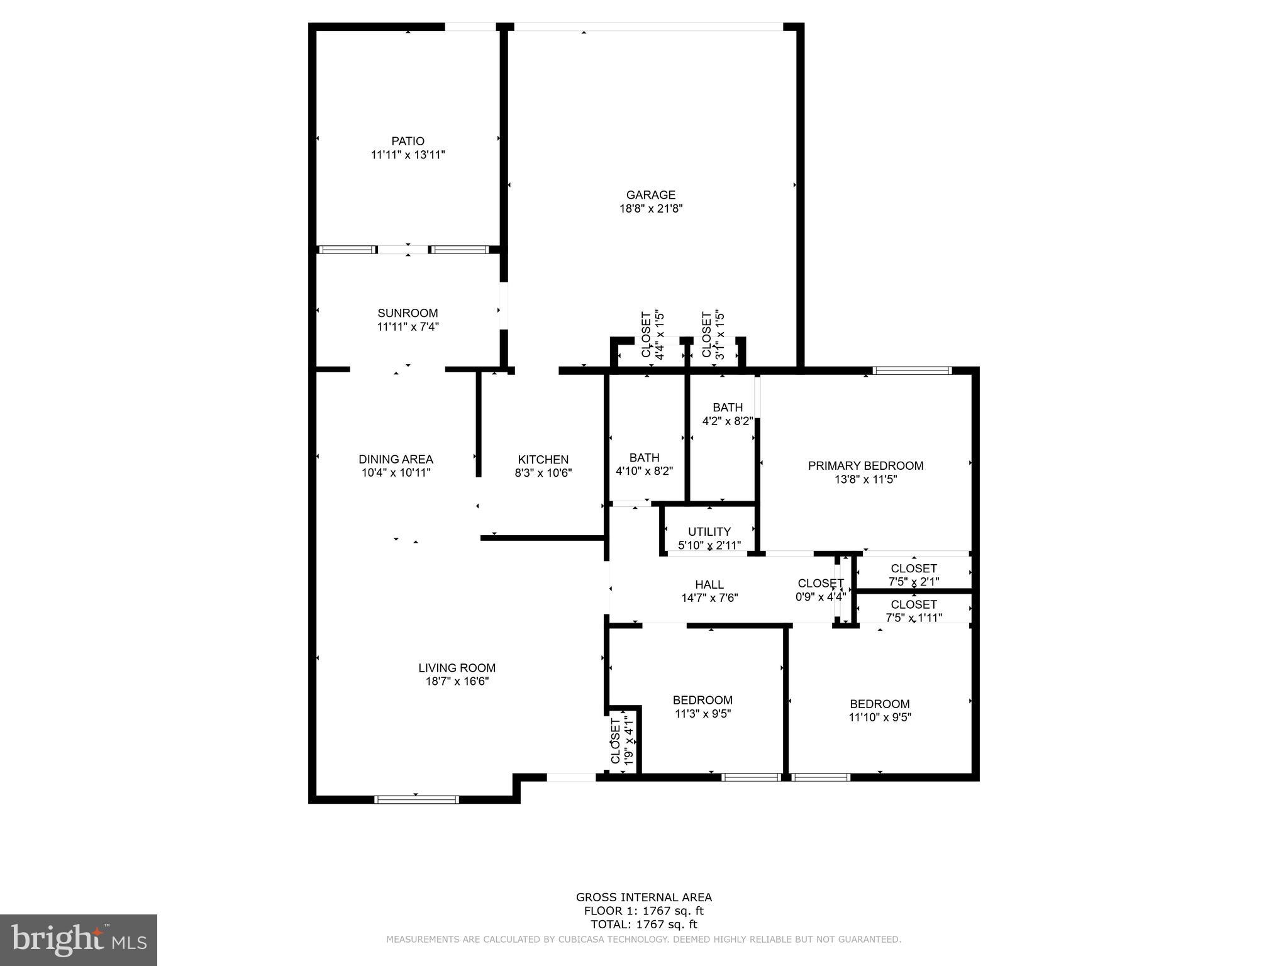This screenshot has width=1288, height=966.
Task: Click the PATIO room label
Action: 408,142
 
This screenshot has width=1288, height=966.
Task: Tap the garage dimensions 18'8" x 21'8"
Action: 651,209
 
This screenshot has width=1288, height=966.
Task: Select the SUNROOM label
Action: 408,313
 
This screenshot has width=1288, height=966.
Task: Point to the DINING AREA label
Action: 396,460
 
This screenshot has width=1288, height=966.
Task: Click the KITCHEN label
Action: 543,460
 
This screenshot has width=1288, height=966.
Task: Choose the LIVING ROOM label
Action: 457,668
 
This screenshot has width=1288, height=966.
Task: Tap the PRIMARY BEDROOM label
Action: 865,466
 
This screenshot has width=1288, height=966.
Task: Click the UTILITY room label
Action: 709,532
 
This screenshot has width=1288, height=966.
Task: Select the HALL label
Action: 709,585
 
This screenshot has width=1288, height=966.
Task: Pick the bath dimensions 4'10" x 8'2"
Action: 644,471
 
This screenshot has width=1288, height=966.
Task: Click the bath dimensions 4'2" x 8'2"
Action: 727,421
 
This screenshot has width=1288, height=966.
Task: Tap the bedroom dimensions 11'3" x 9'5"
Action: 702,714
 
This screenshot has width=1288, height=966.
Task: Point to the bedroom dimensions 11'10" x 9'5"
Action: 879,718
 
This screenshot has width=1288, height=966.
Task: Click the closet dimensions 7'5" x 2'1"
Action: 913,582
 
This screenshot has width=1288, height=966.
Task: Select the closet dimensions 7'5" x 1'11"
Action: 913,618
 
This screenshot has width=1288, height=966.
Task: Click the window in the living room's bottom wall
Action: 416,800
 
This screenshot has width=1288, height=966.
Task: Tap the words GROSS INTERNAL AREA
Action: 643,897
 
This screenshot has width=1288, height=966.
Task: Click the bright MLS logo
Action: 79,940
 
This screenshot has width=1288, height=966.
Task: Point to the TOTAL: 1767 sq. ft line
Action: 643,924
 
